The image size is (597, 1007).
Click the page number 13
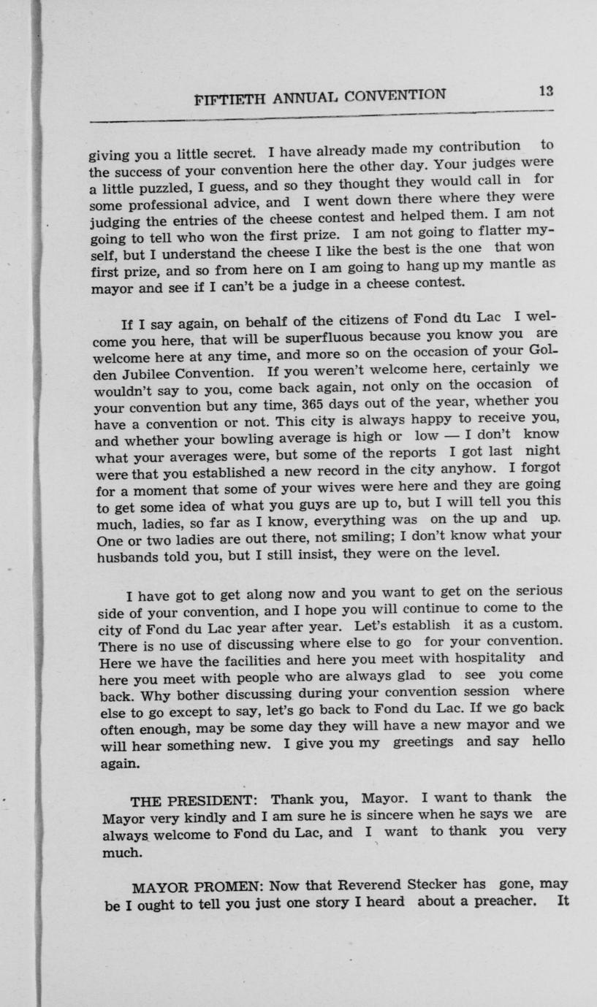tap(546, 91)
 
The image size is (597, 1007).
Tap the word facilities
tap(227, 661)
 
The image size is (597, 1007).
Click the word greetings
tap(423, 743)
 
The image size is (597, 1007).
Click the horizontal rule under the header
tap(322, 115)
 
